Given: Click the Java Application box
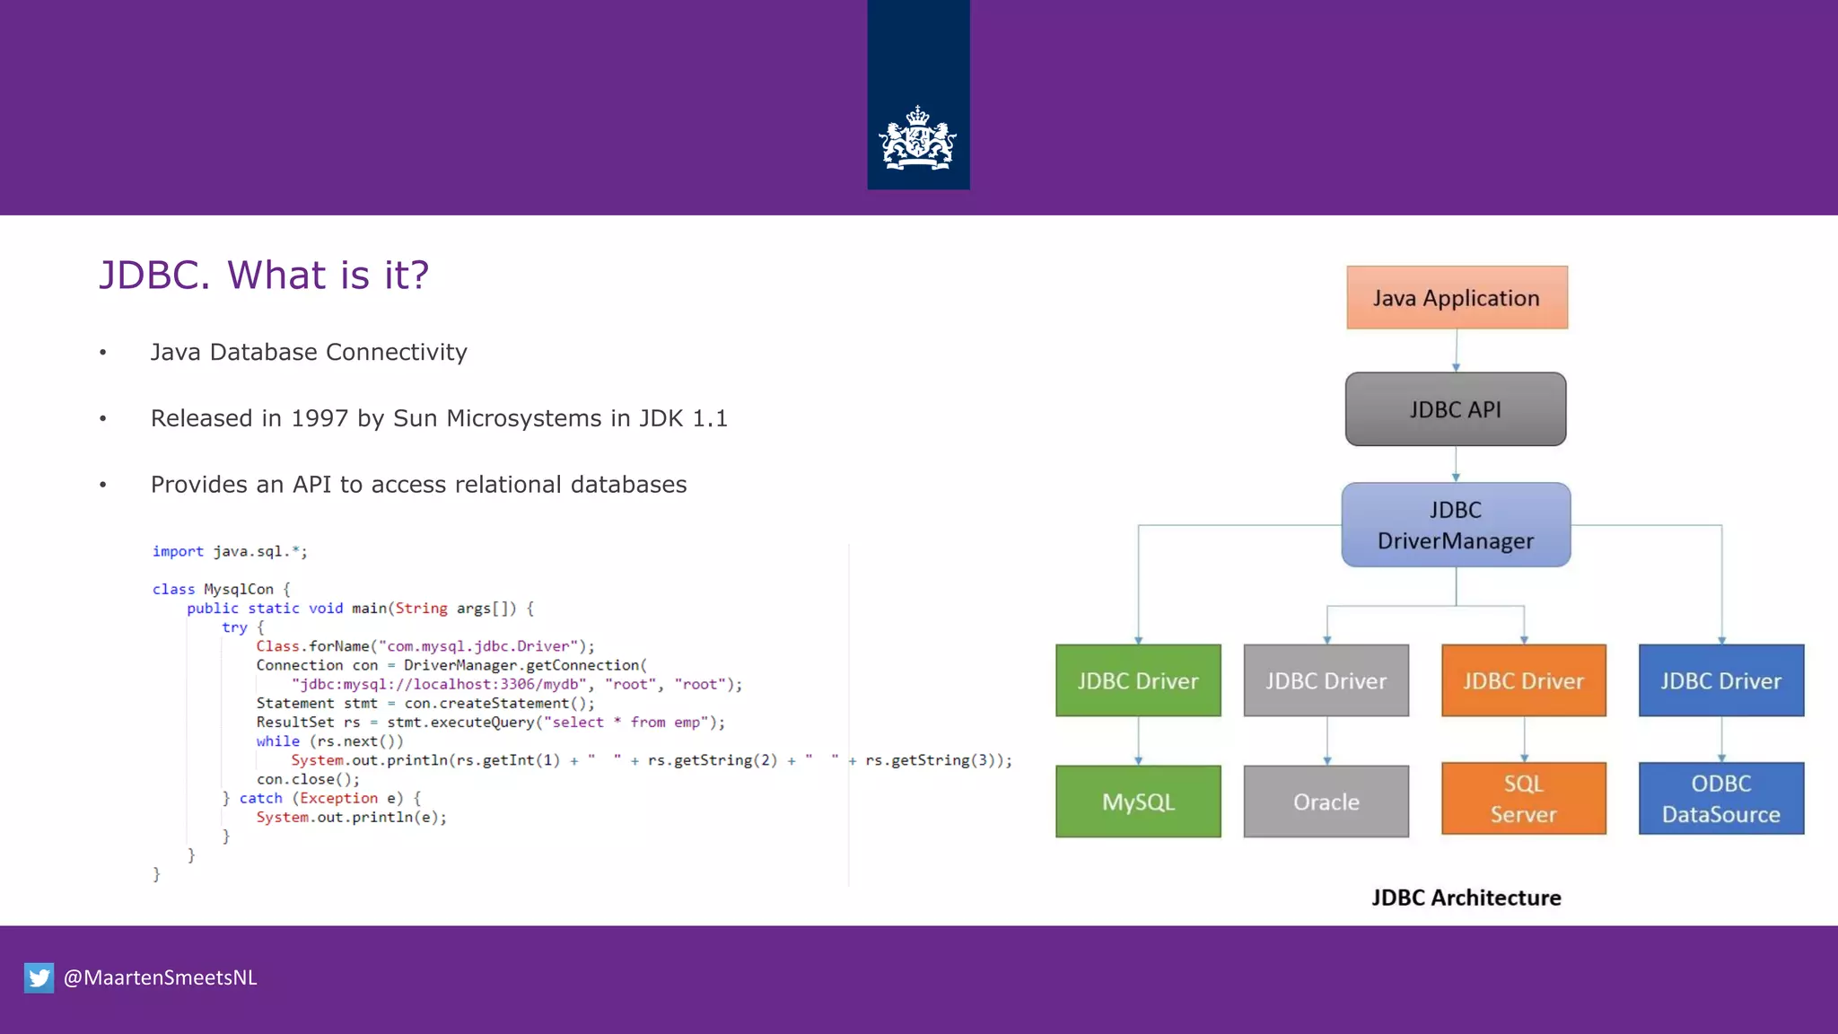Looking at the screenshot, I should tap(1457, 297).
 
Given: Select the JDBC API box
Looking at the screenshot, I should tap(1456, 409).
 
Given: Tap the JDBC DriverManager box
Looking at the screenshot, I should tap(1456, 525).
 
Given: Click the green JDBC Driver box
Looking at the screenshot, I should tap(1138, 680).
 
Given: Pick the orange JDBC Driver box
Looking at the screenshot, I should tap(1523, 680).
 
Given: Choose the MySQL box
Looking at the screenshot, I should tap(1138, 802).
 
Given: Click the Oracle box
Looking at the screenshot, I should tap(1326, 802).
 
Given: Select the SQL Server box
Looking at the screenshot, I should tap(1523, 799).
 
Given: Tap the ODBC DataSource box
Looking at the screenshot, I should tap(1720, 799).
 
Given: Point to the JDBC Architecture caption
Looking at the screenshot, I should tap(1466, 898).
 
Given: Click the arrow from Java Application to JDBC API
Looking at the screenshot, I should tap(1456, 351).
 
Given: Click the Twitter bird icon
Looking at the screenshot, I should tap(39, 977).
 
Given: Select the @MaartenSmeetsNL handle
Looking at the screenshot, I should tap(160, 977).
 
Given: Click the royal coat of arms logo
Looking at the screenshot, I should tap(917, 139).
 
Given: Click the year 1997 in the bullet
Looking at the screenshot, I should tap(319, 418).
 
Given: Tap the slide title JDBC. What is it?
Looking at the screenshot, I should tap(264, 275).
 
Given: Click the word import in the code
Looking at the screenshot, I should tap(178, 551).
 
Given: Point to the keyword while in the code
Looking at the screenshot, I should tap(277, 741).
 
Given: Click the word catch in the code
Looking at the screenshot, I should tap(260, 798).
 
